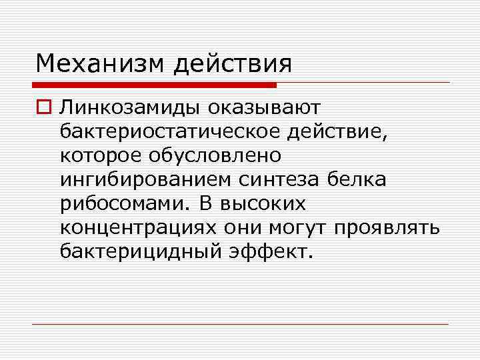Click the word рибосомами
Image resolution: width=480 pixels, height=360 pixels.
[123, 204]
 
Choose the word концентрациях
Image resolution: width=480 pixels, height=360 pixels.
[137, 228]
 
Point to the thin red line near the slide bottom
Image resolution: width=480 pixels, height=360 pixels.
[240, 324]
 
